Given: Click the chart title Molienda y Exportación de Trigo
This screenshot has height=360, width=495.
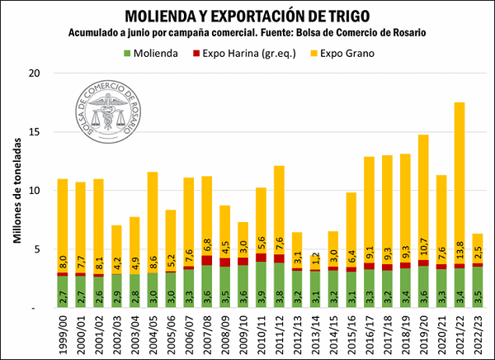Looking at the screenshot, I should pos(247,15).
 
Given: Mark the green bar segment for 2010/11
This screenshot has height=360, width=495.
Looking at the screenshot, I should pos(262,285).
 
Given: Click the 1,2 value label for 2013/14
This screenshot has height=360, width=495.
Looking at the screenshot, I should pos(316,257).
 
